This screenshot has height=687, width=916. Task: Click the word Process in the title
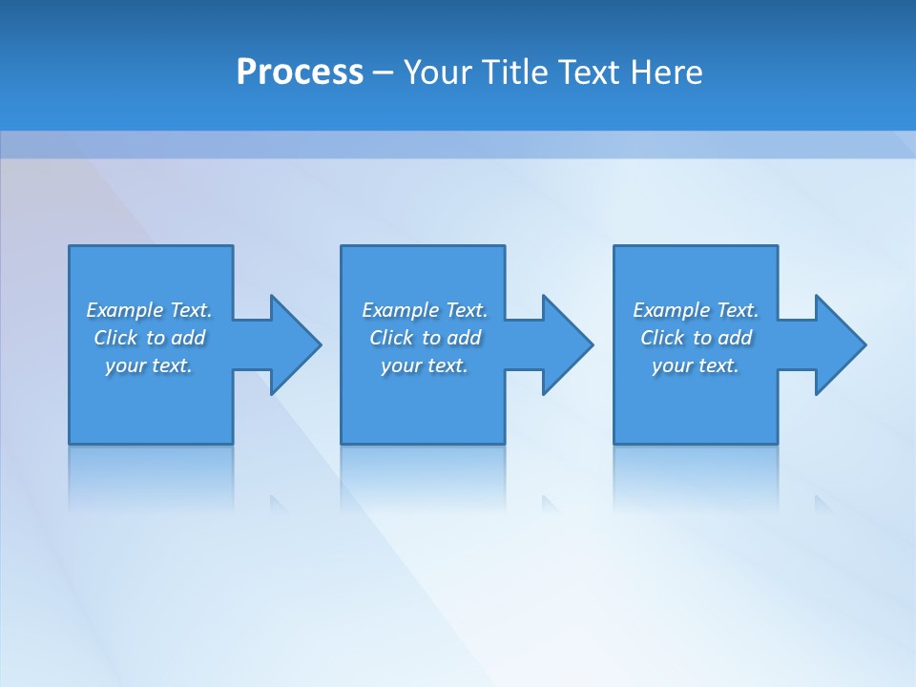pos(300,73)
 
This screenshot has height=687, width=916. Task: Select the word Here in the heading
pos(665,73)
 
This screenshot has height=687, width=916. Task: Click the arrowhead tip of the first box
pos(320,344)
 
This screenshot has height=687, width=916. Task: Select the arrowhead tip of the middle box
pos(592,344)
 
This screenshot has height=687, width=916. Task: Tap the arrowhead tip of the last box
pos(864,344)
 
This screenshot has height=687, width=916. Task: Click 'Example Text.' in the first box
pos(149,310)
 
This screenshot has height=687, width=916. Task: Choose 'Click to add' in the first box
pos(149,338)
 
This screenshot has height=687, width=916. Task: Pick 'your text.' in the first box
pos(149,365)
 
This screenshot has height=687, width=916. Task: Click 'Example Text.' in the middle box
pos(425,310)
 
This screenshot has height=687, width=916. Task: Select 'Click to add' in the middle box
pos(425,338)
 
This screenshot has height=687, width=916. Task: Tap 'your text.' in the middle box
pos(425,365)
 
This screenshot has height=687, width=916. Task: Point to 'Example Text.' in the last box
pos(696,310)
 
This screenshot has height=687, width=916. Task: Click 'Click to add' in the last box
pos(696,338)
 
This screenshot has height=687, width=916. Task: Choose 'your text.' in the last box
pos(696,365)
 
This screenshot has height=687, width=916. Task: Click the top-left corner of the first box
pos(70,247)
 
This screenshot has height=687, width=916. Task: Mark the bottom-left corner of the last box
pos(614,443)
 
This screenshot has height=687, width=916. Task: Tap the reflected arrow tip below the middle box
pos(548,501)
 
